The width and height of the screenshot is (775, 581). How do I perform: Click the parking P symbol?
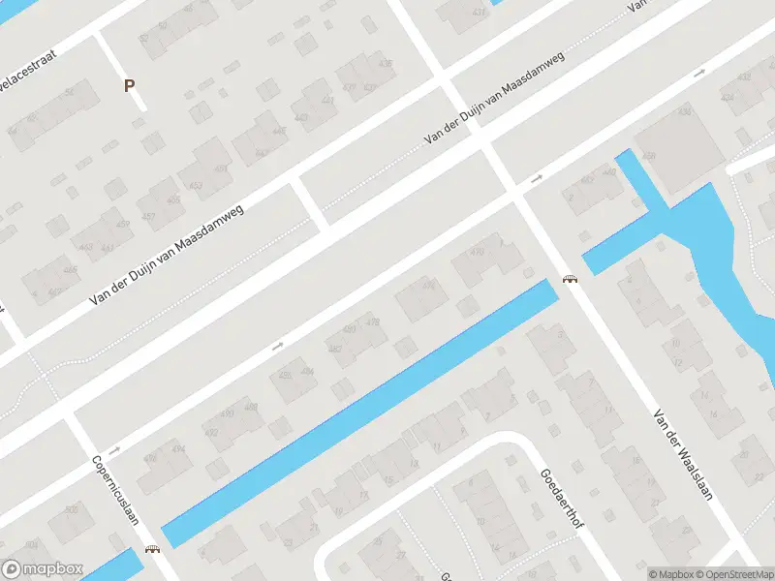click(128, 85)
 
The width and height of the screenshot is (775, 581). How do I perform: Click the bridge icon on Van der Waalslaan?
click(571, 280)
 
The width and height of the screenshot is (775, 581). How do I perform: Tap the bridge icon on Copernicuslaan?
click(152, 549)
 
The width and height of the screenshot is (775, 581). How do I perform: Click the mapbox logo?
click(43, 569)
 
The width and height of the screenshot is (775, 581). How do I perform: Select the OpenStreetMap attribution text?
click(728, 574)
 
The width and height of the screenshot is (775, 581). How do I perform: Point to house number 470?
click(477, 253)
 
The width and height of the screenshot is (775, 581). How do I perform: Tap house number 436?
click(387, 65)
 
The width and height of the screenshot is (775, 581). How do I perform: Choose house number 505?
click(71, 510)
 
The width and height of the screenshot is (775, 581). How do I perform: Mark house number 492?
click(211, 432)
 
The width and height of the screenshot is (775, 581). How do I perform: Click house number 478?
click(373, 321)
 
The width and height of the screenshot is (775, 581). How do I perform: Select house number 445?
click(279, 132)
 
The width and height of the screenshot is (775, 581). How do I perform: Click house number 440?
click(609, 172)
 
